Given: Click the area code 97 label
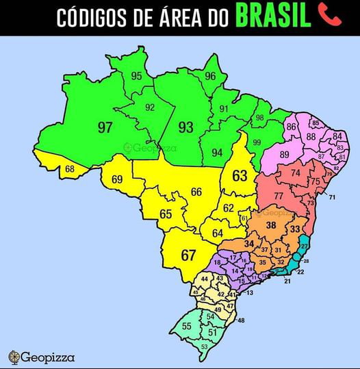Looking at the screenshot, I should pos(105,127).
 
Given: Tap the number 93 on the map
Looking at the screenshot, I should pos(185,127).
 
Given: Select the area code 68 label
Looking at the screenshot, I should pos(70,169).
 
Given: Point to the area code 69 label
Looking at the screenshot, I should pos(117,179).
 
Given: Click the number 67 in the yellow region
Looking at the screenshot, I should pos(188,255).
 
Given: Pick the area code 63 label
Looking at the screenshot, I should pos(240,176).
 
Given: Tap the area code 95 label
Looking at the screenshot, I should pos(137,76).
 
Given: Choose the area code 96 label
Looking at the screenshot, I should pos(210,76).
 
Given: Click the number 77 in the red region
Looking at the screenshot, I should pos(279,196).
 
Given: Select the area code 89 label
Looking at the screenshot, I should pos(285,155).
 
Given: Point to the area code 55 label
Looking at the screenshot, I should pos(187,327).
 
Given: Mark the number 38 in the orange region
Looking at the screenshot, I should pos(271,225).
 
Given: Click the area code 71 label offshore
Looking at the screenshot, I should pos(332,198).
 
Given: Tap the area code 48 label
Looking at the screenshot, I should pos(241,320).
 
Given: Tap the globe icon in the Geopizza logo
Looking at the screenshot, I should pos(14,356).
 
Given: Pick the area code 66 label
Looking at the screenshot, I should pos(196,192).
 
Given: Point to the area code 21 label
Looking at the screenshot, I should pos(287,281).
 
